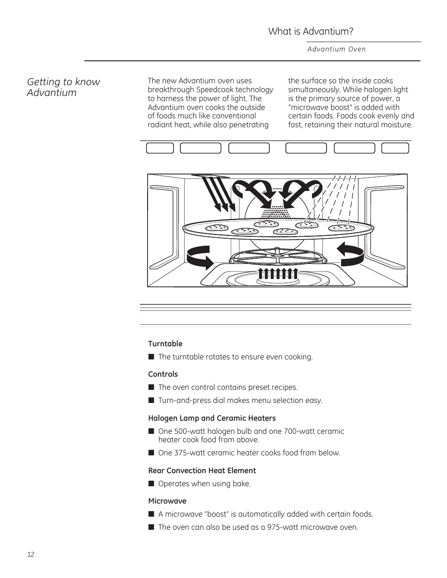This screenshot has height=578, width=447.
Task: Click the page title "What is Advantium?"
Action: pos(311,31)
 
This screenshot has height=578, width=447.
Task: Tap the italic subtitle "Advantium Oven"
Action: pos(336,49)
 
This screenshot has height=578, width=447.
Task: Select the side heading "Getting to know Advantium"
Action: pos(63,87)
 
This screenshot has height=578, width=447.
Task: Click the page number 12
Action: pos(31,555)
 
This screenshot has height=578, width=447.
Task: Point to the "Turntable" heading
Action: pos(165,344)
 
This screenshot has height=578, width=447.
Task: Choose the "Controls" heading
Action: pos(163,374)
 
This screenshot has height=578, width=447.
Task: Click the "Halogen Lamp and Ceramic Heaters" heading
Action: pos(212,418)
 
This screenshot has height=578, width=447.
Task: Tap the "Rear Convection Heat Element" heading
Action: pos(202,470)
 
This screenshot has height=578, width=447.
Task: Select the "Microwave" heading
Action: pos(167,501)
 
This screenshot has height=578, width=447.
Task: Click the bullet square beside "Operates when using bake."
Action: pos(151,483)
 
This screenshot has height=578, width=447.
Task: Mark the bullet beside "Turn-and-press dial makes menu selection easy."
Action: pos(151,400)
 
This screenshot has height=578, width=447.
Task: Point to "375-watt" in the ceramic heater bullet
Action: pos(188,453)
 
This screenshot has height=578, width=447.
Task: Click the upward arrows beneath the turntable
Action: pos(278,274)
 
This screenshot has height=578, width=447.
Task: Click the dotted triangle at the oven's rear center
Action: pos(278,213)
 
